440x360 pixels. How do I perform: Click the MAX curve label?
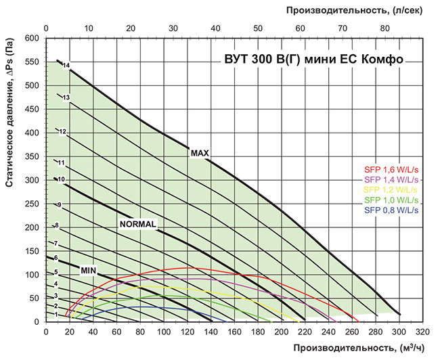(199, 153)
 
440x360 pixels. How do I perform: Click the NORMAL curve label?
(138, 224)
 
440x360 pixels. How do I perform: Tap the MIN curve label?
(89, 271)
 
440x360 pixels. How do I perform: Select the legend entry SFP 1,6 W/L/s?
(389, 170)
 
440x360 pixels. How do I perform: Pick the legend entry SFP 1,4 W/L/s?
(389, 180)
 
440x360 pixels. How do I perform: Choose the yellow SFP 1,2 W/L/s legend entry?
(389, 190)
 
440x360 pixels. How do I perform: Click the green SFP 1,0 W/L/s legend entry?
(389, 200)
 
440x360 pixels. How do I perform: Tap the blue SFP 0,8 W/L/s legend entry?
(389, 210)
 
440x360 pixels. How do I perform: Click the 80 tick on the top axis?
(384, 28)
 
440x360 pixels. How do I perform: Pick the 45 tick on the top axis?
(236, 28)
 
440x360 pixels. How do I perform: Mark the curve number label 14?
(66, 66)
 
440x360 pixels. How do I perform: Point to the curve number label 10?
(60, 180)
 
